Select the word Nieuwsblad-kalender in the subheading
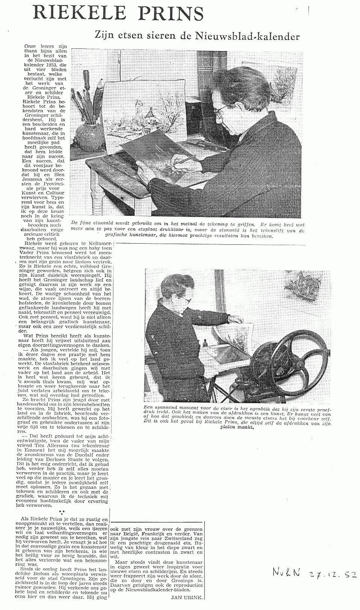point(247,36)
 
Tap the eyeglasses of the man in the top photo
point(220,110)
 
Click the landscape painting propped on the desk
point(145,109)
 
